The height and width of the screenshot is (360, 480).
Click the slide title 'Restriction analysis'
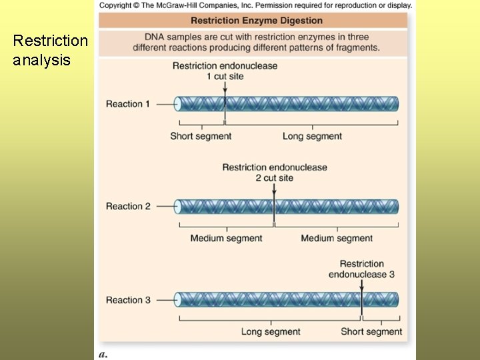point(50,50)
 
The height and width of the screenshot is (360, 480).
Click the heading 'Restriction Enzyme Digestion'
point(257,21)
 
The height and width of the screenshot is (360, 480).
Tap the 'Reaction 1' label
point(128,104)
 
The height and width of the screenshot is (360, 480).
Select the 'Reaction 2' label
point(128,206)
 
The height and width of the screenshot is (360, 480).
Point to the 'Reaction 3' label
point(128,300)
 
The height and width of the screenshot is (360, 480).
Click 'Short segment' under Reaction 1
point(201,136)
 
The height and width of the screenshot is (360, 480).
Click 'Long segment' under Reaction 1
point(312,136)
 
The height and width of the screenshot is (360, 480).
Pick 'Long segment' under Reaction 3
point(271,331)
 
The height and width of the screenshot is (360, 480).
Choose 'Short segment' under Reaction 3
point(371,331)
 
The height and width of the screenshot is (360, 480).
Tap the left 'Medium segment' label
point(226,238)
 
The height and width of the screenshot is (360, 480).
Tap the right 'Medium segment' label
point(337,238)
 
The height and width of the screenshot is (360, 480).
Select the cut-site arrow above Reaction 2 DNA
point(274,191)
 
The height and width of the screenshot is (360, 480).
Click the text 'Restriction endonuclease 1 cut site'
point(225,71)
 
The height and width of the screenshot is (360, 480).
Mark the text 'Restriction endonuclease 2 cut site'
point(274,173)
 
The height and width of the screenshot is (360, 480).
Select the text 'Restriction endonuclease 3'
point(361,269)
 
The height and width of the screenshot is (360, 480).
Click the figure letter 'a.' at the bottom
point(103,354)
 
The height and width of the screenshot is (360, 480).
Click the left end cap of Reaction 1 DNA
point(178,104)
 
